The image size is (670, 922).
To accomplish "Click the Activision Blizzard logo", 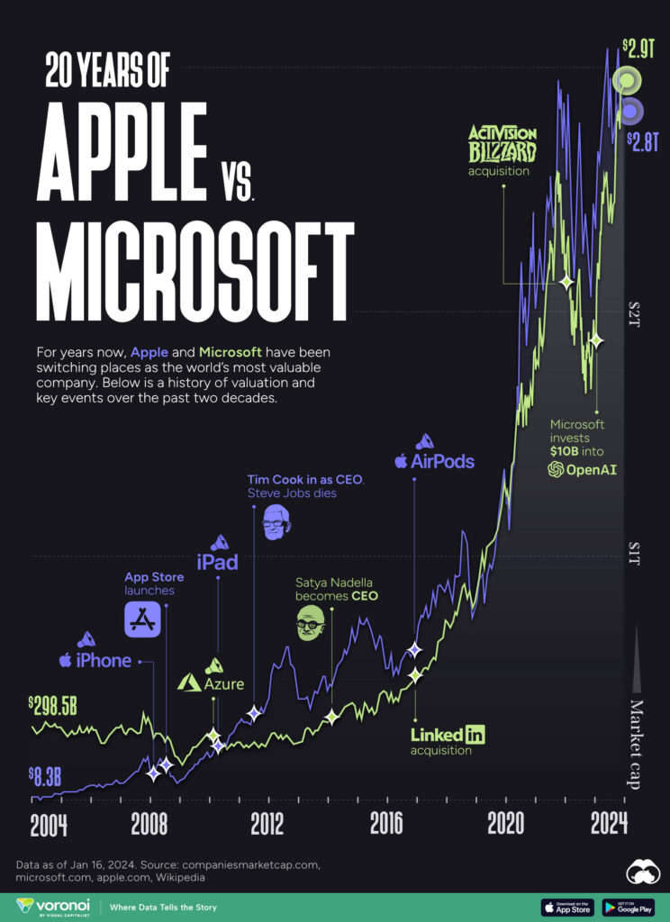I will pos(502,143).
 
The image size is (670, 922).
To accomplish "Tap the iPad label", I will pos(217,563).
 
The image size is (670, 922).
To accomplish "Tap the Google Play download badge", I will pos(628,907).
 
